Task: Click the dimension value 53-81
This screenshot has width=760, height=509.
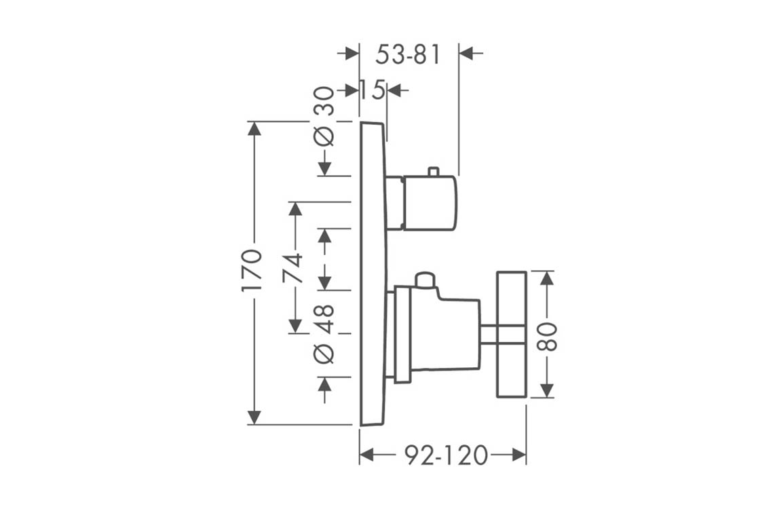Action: [x=408, y=54]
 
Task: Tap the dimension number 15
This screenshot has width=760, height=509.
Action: [x=372, y=90]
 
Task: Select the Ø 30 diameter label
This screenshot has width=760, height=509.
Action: [x=325, y=115]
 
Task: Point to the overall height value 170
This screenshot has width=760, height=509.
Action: [x=252, y=270]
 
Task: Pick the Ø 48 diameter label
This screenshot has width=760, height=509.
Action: [x=325, y=333]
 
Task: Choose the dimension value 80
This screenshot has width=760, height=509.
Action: [x=548, y=336]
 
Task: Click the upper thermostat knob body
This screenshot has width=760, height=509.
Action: [x=430, y=203]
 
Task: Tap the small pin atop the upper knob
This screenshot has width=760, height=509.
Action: [x=433, y=170]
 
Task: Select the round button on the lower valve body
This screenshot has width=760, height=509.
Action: [x=425, y=279]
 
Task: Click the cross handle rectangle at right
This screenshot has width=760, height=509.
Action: [x=512, y=334]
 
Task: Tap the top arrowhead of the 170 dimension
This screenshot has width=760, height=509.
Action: [x=254, y=128]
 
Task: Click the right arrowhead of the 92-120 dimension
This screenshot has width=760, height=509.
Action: [x=519, y=455]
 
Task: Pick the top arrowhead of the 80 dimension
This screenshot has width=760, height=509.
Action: [x=547, y=278]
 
